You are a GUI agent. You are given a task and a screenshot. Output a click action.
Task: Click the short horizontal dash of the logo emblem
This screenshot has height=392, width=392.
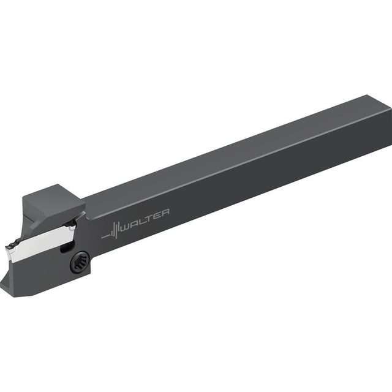pos(105,236)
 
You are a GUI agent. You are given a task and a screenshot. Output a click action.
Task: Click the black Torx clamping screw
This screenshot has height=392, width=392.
pos(80,262)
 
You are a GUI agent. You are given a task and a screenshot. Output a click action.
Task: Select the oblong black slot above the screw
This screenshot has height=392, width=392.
pos(67,247)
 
